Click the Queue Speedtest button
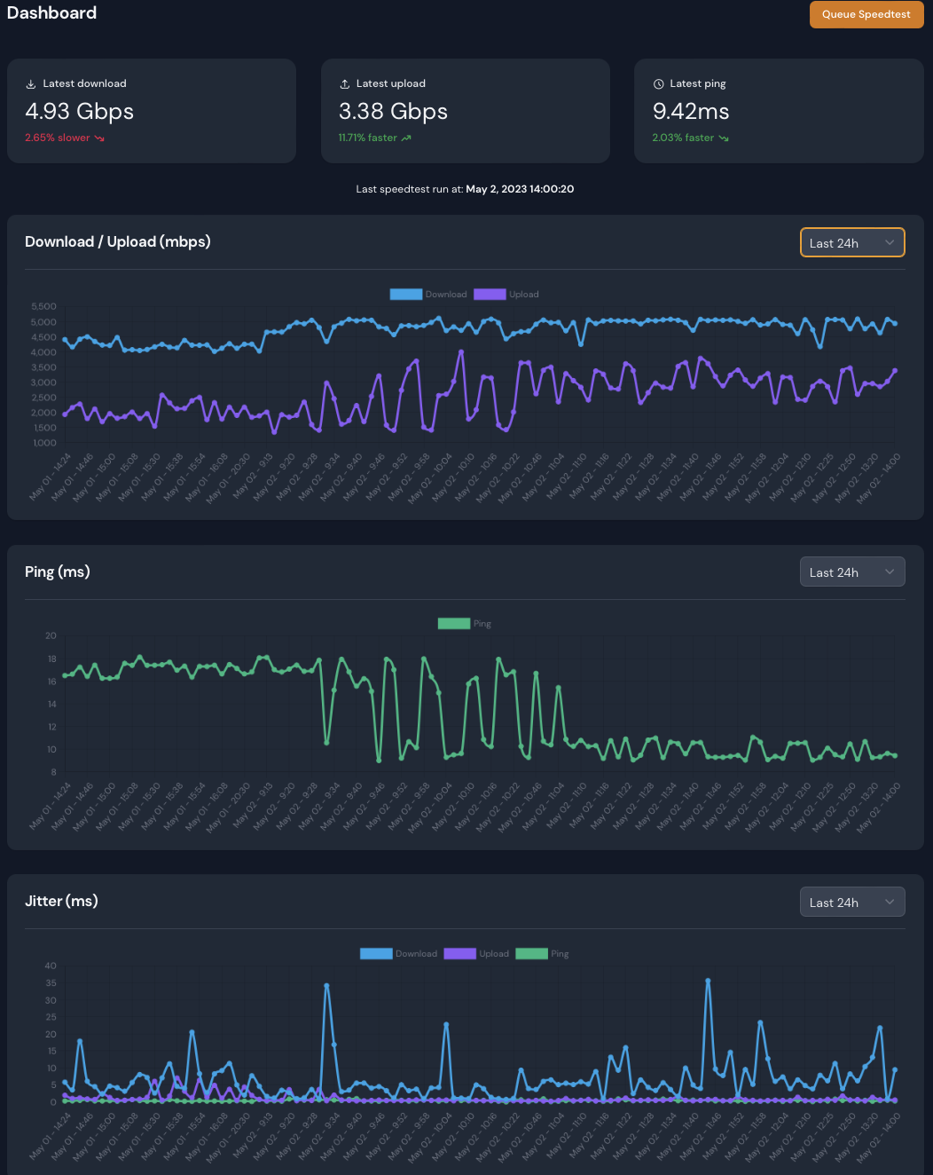[x=866, y=14]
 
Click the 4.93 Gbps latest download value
[x=80, y=111]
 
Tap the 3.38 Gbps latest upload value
[x=393, y=111]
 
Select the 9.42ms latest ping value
[x=691, y=111]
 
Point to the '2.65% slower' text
[x=58, y=138]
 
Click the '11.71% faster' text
[x=368, y=138]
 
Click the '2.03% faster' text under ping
[x=683, y=138]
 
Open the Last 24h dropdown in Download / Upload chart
[x=851, y=242]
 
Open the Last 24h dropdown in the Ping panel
[x=851, y=572]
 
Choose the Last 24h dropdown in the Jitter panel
[x=851, y=902]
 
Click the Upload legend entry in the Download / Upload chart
[x=506, y=295]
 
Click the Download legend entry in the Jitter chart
[x=398, y=954]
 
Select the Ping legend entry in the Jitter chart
[x=542, y=954]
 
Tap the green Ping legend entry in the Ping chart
[x=465, y=624]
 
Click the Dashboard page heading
[x=51, y=13]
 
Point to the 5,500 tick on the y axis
[x=43, y=307]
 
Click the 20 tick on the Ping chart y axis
[x=51, y=636]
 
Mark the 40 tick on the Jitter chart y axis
[x=51, y=966]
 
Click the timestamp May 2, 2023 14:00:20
[x=520, y=189]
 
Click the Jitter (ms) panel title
[x=61, y=901]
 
